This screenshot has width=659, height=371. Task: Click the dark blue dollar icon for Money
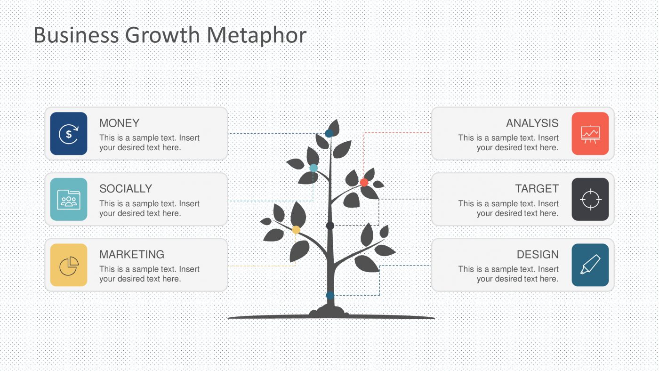click(69, 134)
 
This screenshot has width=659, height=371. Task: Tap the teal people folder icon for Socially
click(69, 199)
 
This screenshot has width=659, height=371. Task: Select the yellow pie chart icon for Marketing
click(69, 265)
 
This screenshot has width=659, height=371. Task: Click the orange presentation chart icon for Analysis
click(590, 134)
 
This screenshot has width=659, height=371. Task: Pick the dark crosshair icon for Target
click(590, 199)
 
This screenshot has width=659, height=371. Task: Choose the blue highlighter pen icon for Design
click(590, 265)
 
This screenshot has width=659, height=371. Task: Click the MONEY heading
click(119, 123)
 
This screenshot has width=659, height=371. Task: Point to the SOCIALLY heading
click(126, 189)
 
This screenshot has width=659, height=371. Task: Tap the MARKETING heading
click(132, 254)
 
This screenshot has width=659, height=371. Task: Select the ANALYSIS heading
click(532, 123)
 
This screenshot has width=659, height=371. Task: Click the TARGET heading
click(537, 189)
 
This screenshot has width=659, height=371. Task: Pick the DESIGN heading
click(538, 254)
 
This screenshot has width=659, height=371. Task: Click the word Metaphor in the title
click(257, 35)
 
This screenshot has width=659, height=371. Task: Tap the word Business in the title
click(76, 35)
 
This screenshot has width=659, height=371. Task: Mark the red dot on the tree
click(364, 182)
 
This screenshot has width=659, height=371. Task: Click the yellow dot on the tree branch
click(296, 230)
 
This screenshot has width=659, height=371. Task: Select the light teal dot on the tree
click(313, 168)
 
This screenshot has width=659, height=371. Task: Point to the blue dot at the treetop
click(329, 133)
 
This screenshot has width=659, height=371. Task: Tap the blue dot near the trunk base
click(330, 295)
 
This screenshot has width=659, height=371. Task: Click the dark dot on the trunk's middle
click(330, 226)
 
